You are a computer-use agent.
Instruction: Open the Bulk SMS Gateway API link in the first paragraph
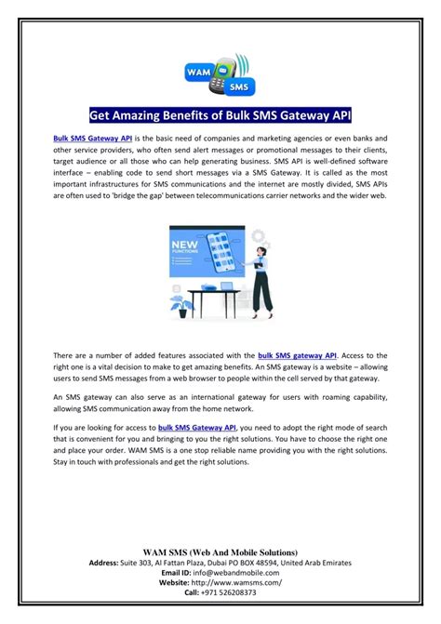click(92, 138)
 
